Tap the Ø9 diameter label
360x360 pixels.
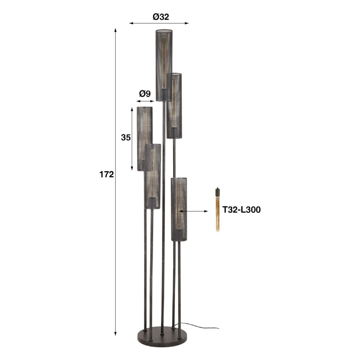pyautogui.click(x=145, y=94)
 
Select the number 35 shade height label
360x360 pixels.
pyautogui.click(x=126, y=138)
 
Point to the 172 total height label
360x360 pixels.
pyautogui.click(x=107, y=175)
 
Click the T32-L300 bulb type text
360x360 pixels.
pyautogui.click(x=241, y=210)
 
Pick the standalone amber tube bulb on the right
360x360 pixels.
pyautogui.click(x=217, y=212)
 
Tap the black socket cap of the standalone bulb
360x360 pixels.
pyautogui.click(x=217, y=190)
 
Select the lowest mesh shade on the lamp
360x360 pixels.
pyautogui.click(x=179, y=209)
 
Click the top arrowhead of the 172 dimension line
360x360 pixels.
pyautogui.click(x=116, y=28)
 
